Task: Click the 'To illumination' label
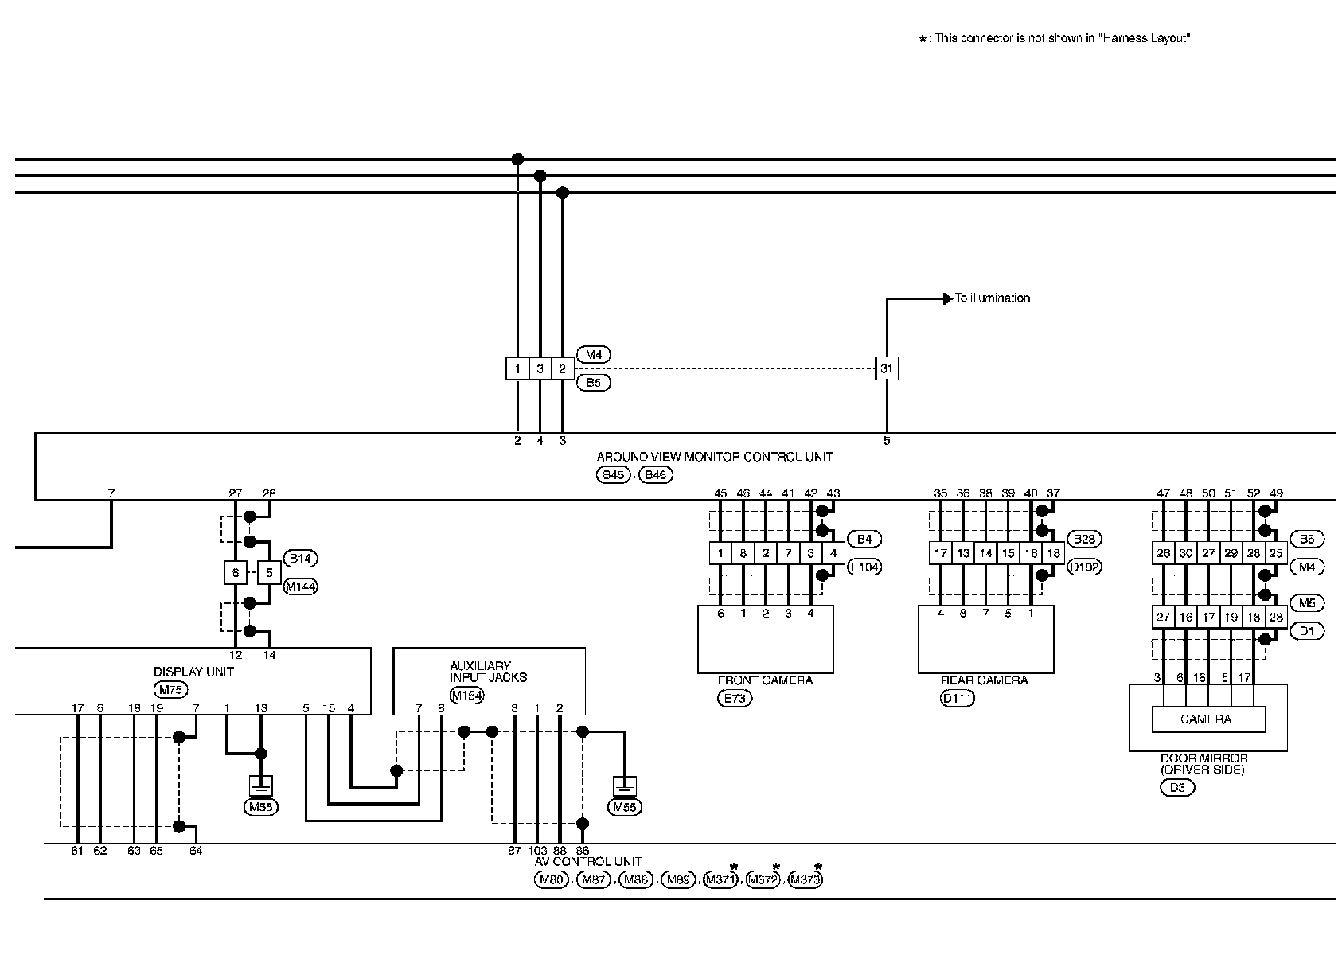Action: tap(992, 298)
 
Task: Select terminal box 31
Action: tap(887, 369)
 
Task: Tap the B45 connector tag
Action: tap(613, 475)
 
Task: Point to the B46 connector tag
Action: tap(656, 475)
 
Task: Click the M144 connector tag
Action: tap(301, 587)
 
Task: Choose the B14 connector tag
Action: tap(300, 559)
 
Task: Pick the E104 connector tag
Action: tap(864, 567)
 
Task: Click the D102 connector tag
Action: tap(1084, 567)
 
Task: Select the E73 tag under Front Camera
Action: tap(735, 699)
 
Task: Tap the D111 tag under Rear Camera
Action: tap(957, 699)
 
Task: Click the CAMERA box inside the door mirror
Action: tap(1207, 719)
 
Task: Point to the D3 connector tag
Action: tap(1177, 788)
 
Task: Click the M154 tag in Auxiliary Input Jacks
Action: tap(467, 696)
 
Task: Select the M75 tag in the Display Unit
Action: tap(170, 689)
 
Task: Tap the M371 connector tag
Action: tap(720, 879)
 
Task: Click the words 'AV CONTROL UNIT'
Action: tap(588, 862)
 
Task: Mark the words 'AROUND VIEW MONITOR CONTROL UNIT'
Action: tap(714, 457)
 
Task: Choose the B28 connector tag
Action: tap(1084, 540)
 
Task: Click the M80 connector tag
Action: tap(551, 879)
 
